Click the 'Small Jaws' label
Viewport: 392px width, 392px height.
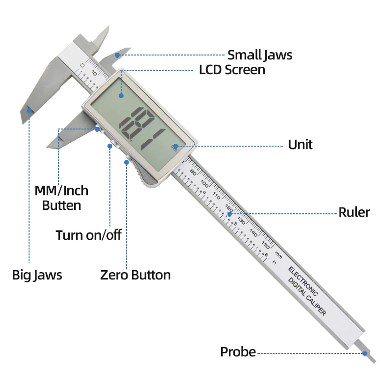pyautogui.click(x=259, y=55)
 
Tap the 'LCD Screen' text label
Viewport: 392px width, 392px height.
pyautogui.click(x=232, y=70)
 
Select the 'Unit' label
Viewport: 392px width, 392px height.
pyautogui.click(x=300, y=145)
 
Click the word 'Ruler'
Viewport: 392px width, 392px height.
pyautogui.click(x=354, y=212)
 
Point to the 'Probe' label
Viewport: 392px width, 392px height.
pyautogui.click(x=238, y=352)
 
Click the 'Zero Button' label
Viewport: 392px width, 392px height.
pyautogui.click(x=135, y=275)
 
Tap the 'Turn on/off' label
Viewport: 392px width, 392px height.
pyautogui.click(x=88, y=235)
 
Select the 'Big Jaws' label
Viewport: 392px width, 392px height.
pyautogui.click(x=37, y=275)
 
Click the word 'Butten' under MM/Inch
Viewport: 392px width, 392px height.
pyautogui.click(x=62, y=206)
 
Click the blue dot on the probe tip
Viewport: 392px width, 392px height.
pyautogui.click(x=365, y=354)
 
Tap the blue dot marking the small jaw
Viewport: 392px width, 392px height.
pyautogui.click(x=117, y=55)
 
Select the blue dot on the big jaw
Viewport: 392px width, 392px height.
pyautogui.click(x=29, y=110)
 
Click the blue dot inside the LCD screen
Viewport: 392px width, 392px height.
pyautogui.click(x=121, y=96)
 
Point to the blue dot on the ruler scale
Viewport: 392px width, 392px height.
pyautogui.click(x=229, y=214)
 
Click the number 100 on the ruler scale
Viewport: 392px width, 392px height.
pyautogui.click(x=204, y=184)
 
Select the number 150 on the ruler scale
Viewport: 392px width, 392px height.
pyautogui.click(x=265, y=245)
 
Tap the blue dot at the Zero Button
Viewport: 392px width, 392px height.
pyautogui.click(x=126, y=163)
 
